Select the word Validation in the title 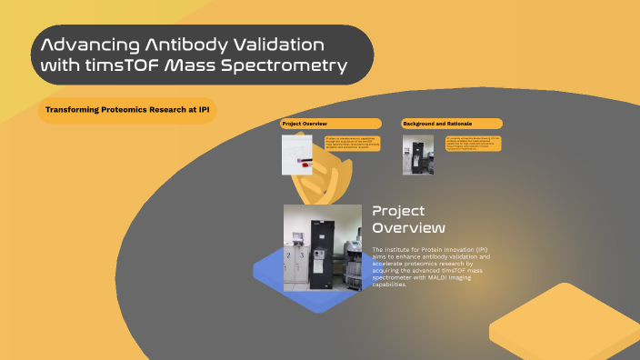[276, 45]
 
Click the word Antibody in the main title [178, 45]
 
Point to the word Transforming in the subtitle [69, 110]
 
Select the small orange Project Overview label [330, 124]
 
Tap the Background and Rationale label [452, 124]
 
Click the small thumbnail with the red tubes [301, 154]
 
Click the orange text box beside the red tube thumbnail [352, 143]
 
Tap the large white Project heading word [393, 211]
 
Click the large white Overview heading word [409, 227]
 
